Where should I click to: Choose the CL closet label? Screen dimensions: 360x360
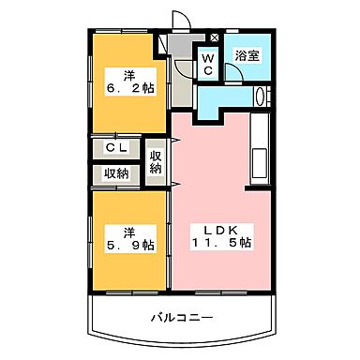[115, 148]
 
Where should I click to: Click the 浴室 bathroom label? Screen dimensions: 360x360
[248, 55]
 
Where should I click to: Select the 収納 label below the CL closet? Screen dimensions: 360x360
[115, 172]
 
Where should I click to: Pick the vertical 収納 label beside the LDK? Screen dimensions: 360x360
[156, 161]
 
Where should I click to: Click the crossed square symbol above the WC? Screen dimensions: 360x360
[215, 38]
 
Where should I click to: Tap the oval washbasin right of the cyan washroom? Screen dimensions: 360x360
[262, 97]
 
